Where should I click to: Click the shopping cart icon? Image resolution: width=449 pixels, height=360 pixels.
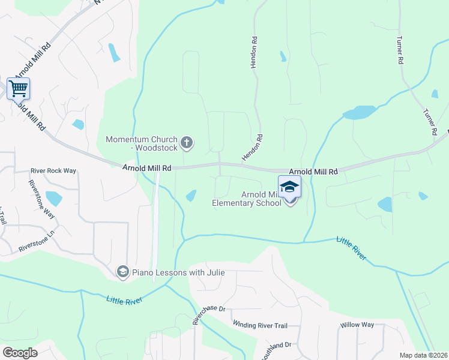[x=18, y=89]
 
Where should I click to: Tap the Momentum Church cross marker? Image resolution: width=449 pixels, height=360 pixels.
[x=187, y=142]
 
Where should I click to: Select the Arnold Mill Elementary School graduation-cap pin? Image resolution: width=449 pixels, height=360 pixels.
[x=289, y=188]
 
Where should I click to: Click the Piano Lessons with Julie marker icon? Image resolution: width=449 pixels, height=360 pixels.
[x=123, y=272]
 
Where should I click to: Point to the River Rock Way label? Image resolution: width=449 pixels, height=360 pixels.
[x=53, y=171]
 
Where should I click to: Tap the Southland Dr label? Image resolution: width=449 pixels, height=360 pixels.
[x=276, y=349]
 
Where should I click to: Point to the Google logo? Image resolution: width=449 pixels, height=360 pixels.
[x=20, y=352]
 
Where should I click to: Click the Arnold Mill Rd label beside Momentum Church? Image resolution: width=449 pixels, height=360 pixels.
[x=147, y=169]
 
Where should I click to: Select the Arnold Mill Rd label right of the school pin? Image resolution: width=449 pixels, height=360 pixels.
[x=313, y=171]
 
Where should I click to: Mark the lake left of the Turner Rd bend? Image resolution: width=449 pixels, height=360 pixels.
[x=359, y=112]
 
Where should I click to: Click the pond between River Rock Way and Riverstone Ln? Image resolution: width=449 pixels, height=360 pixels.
[x=53, y=198]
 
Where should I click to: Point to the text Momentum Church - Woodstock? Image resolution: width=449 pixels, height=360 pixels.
[x=142, y=143]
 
